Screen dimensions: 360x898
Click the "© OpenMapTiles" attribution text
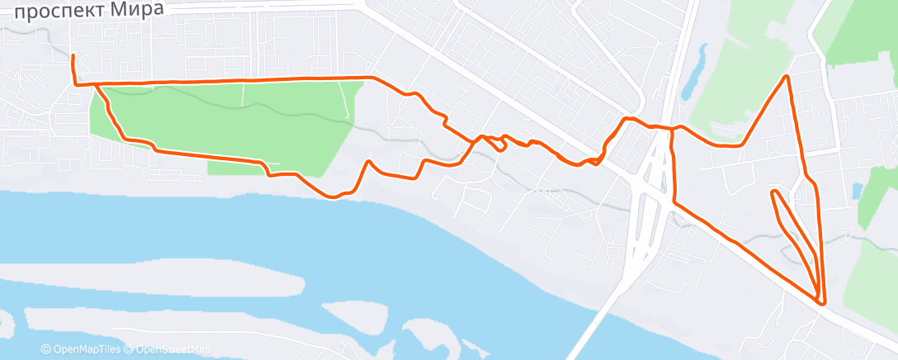pyautogui.click(x=80, y=349)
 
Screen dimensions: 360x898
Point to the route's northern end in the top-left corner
pyautogui.click(x=73, y=56)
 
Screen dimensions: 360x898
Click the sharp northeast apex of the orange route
pyautogui.click(x=787, y=77)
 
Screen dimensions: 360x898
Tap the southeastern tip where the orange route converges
pyautogui.click(x=822, y=302)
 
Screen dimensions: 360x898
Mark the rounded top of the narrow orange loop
pyautogui.click(x=774, y=192)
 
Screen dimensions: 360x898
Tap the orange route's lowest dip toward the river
pyautogui.click(x=333, y=197)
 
